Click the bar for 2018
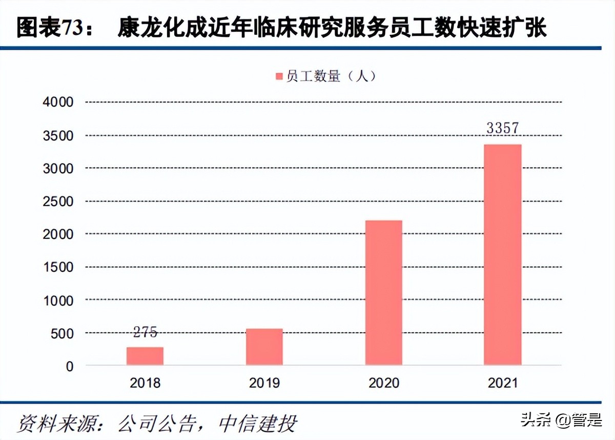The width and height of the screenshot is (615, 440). coord(145,356)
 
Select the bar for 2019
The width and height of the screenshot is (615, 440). coord(264,347)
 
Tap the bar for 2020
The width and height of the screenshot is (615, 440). coord(384,292)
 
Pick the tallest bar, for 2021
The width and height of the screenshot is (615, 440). coord(503,254)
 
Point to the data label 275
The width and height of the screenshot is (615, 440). coord(145,332)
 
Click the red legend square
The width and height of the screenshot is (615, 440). coord(279,77)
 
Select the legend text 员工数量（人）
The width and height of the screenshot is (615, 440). coord(332,77)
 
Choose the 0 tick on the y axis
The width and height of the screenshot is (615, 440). coord(69,366)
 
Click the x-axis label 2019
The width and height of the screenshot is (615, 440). coord(264,383)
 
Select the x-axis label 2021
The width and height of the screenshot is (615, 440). coord(503,383)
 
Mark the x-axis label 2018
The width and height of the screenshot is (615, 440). coord(145,383)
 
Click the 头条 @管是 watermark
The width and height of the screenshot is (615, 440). coord(562,421)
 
